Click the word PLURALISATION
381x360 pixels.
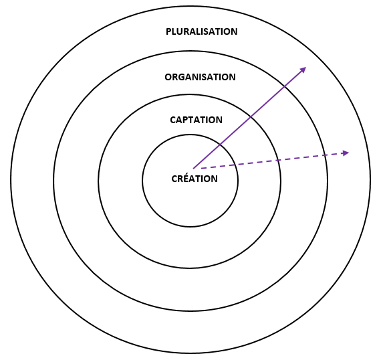pyautogui.click(x=201, y=31)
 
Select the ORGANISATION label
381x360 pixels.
pyautogui.click(x=200, y=77)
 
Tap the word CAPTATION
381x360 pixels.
pyautogui.click(x=196, y=120)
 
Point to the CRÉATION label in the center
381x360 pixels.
pyautogui.click(x=195, y=178)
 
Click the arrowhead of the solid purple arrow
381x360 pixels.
pyautogui.click(x=303, y=70)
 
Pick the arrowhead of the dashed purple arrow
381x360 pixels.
pyautogui.click(x=346, y=153)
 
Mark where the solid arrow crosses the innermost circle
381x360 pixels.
pyautogui.click(x=220, y=145)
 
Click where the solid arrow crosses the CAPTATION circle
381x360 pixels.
pyautogui.click(x=251, y=118)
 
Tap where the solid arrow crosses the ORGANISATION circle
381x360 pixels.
pyautogui.click(x=284, y=86)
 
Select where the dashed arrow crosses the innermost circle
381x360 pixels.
pyautogui.click(x=236, y=165)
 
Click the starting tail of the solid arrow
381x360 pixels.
pyautogui.click(x=193, y=169)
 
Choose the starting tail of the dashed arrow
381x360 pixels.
pyautogui.click(x=201, y=168)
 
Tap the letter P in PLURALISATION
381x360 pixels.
pyautogui.click(x=168, y=31)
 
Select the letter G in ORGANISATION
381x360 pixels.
pyautogui.click(x=182, y=77)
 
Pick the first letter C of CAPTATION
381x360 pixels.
pyautogui.click(x=172, y=120)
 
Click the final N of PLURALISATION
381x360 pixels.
pyautogui.click(x=234, y=31)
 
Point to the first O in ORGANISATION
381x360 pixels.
pyautogui.click(x=168, y=77)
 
